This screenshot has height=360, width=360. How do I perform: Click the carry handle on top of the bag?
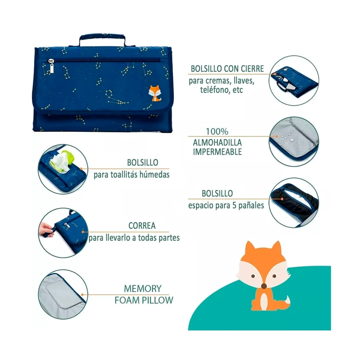(x=103, y=37)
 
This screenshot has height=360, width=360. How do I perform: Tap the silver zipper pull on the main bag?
(x=51, y=66)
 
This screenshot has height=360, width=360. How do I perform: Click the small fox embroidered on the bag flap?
(x=155, y=93)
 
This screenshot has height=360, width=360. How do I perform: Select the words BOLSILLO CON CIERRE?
(x=227, y=69)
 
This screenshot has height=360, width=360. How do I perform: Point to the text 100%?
(x=217, y=131)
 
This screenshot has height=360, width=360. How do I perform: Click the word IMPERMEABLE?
(x=217, y=152)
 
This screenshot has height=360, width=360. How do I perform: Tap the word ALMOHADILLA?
(x=217, y=143)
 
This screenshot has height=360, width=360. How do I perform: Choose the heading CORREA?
(x=142, y=226)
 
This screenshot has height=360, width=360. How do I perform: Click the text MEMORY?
(x=143, y=288)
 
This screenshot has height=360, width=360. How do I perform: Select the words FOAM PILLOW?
(x=144, y=300)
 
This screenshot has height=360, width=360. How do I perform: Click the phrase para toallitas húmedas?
(x=131, y=175)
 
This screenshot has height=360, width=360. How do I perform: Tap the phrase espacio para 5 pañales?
(x=226, y=205)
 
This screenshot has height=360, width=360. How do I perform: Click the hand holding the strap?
(x=46, y=229)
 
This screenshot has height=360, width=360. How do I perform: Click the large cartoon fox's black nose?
(x=264, y=286)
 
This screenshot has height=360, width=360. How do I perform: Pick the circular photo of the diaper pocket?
(x=294, y=203)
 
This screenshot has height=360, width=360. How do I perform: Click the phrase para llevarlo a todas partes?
(x=134, y=238)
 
